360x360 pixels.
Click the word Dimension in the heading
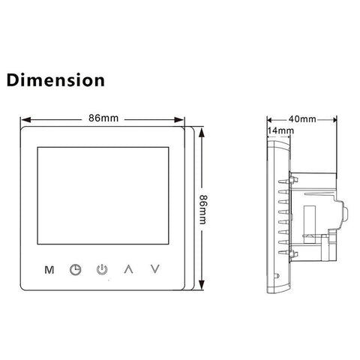pyautogui.click(x=55, y=80)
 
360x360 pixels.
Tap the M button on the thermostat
pyautogui.click(x=49, y=270)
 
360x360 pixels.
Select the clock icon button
pyautogui.click(x=75, y=270)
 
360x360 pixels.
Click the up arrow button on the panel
pyautogui.click(x=128, y=269)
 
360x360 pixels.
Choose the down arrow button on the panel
pyautogui.click(x=155, y=269)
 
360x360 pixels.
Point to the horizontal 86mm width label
pyautogui.click(x=103, y=118)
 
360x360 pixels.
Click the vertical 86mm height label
pyautogui.click(x=203, y=209)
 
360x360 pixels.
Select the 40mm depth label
pyautogui.click(x=302, y=119)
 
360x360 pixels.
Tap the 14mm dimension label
pyautogui.click(x=280, y=130)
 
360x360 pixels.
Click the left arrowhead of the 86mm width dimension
pyautogui.click(x=25, y=120)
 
